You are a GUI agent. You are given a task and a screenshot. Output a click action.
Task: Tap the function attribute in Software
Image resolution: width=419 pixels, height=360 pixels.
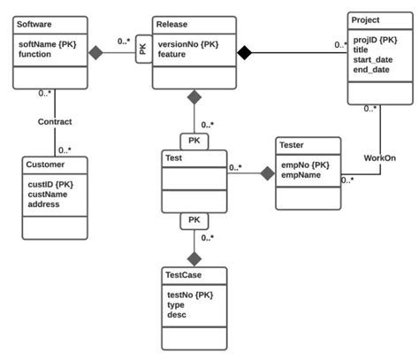pyautogui.click(x=37, y=53)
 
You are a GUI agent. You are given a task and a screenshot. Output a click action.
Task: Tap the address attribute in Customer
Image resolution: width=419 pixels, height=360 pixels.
pyautogui.click(x=44, y=204)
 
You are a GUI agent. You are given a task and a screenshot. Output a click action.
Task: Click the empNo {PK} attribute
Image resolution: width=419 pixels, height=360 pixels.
pyautogui.click(x=305, y=164)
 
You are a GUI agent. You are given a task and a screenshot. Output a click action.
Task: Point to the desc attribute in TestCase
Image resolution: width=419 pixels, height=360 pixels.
pyautogui.click(x=176, y=314)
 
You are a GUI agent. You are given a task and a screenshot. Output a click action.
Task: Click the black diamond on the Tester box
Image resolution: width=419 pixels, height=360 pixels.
pyautogui.click(x=266, y=173)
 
